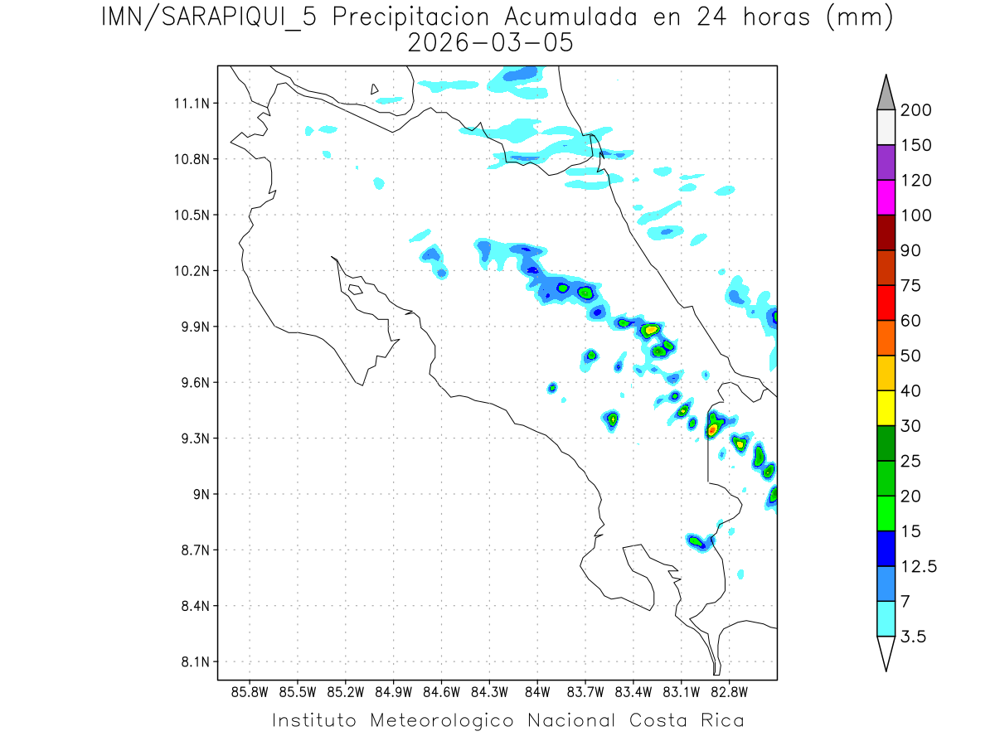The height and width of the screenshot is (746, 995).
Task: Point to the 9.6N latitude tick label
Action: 195,383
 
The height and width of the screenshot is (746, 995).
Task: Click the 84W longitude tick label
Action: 537,691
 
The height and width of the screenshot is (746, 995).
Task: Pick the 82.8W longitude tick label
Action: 729,691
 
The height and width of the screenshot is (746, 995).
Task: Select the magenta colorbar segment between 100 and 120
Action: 886,197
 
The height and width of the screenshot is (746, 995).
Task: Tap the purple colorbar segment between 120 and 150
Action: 886,162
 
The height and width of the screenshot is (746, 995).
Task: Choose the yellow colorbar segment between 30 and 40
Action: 886,408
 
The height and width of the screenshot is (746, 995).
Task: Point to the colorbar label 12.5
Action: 919,566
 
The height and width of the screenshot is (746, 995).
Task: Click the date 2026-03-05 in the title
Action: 491,43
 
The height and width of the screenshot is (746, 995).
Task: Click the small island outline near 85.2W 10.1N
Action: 355,289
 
